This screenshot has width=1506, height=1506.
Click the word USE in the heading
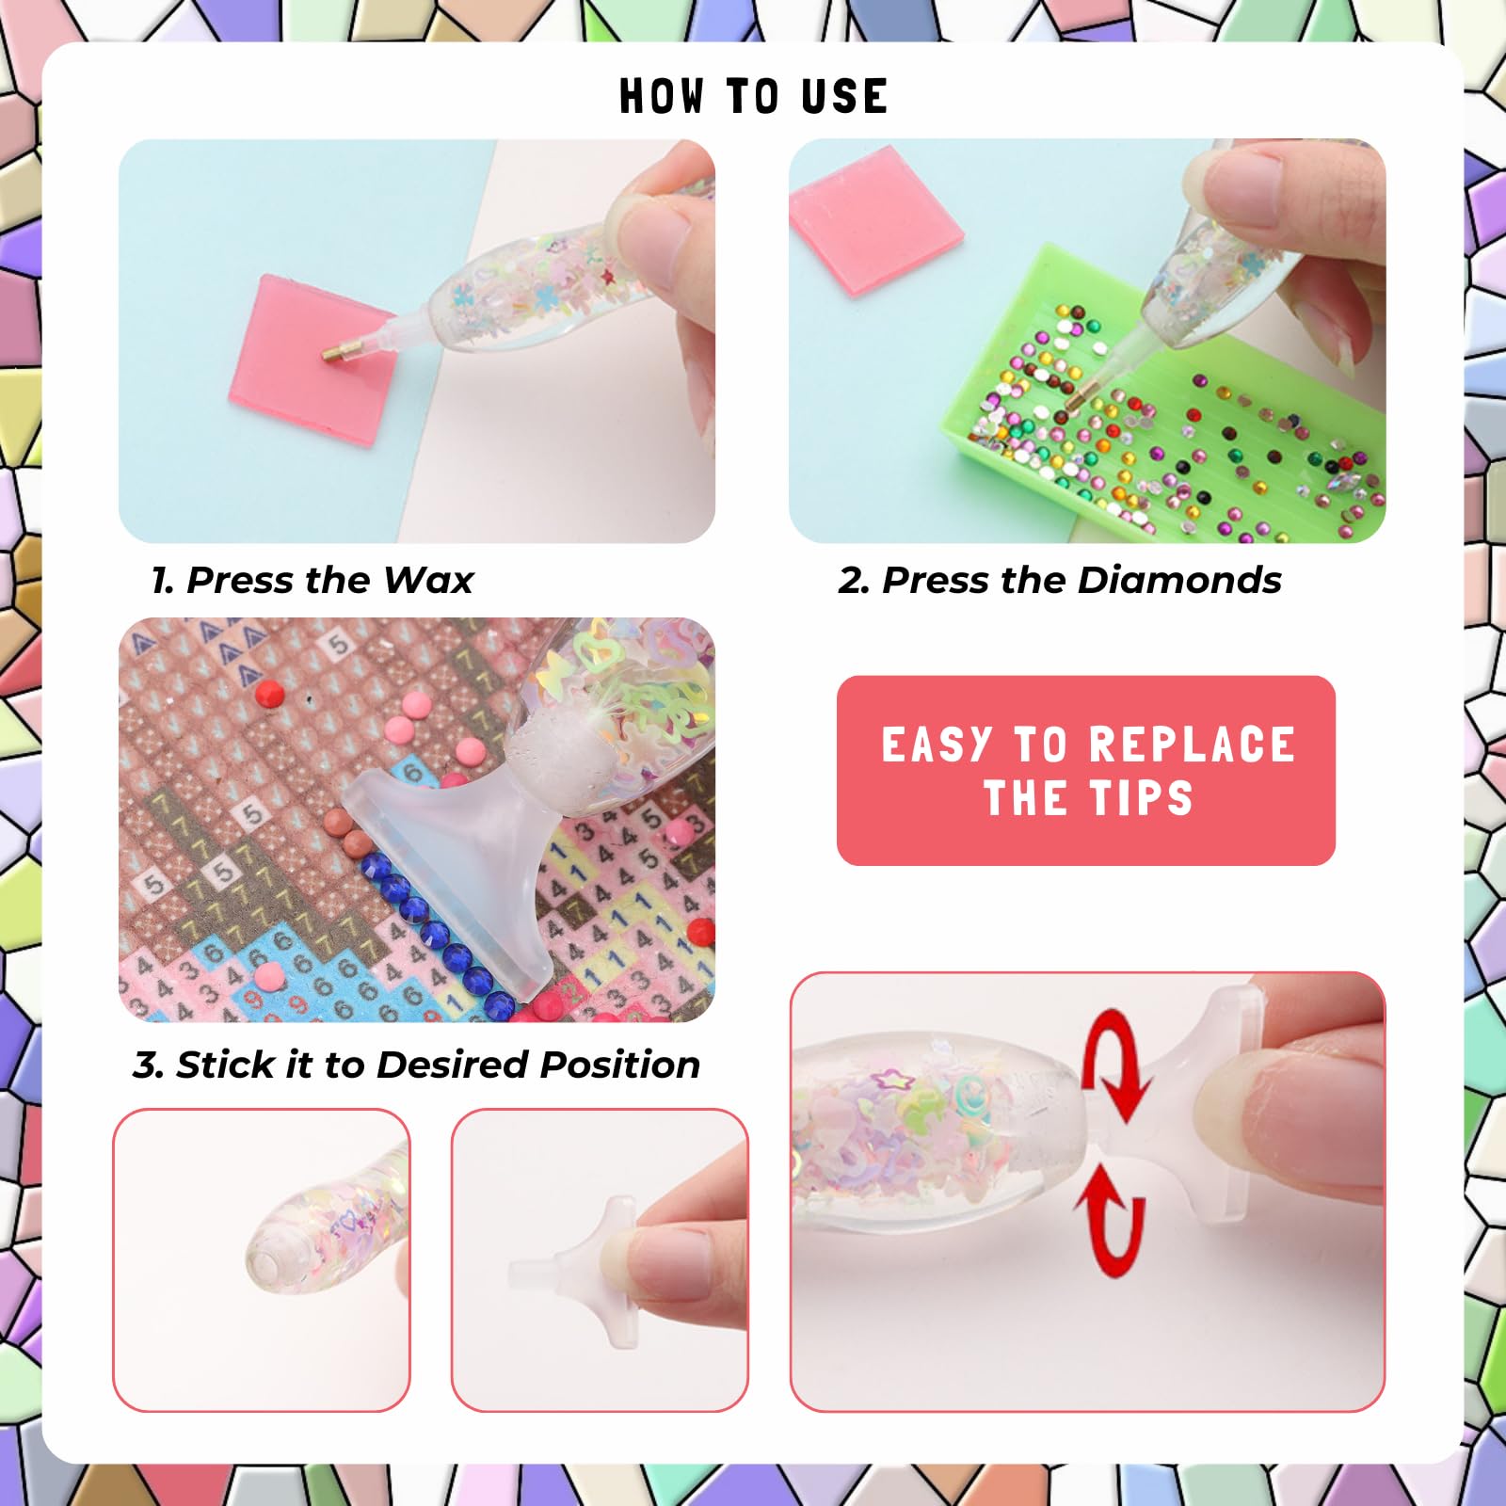844,96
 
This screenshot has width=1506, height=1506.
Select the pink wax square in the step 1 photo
311,360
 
